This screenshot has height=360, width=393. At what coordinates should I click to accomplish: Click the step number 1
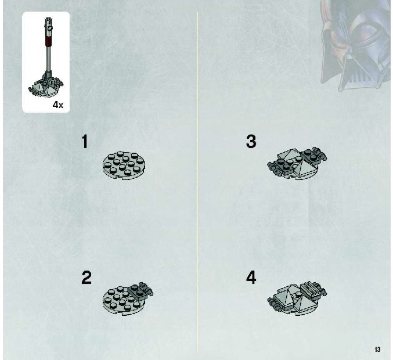[x=85, y=142]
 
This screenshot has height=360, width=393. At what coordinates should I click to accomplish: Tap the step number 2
[x=86, y=278]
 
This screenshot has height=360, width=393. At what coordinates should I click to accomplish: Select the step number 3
[x=251, y=142]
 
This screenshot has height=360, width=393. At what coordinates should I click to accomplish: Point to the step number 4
[x=251, y=278]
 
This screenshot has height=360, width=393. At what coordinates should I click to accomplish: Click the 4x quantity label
[x=58, y=105]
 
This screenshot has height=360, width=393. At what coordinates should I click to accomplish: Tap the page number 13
[x=377, y=350]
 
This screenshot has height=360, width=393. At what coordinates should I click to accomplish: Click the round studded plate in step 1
[x=124, y=165]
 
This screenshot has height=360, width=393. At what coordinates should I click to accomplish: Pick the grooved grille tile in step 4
[x=311, y=290]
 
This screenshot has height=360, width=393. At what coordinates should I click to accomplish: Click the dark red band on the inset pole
[x=49, y=41]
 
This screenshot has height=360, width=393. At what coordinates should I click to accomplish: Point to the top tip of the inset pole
[x=48, y=18]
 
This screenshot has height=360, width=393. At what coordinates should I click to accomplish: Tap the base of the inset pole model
[x=46, y=87]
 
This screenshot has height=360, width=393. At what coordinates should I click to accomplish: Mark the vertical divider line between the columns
[x=197, y=182]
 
